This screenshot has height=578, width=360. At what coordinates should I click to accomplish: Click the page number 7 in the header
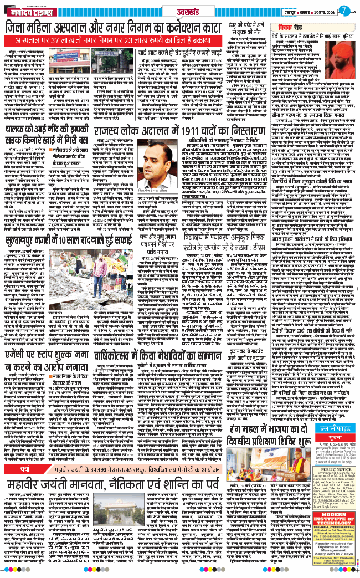pos(344,10)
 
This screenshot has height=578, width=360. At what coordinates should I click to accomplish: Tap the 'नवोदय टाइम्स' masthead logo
pos(24,9)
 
